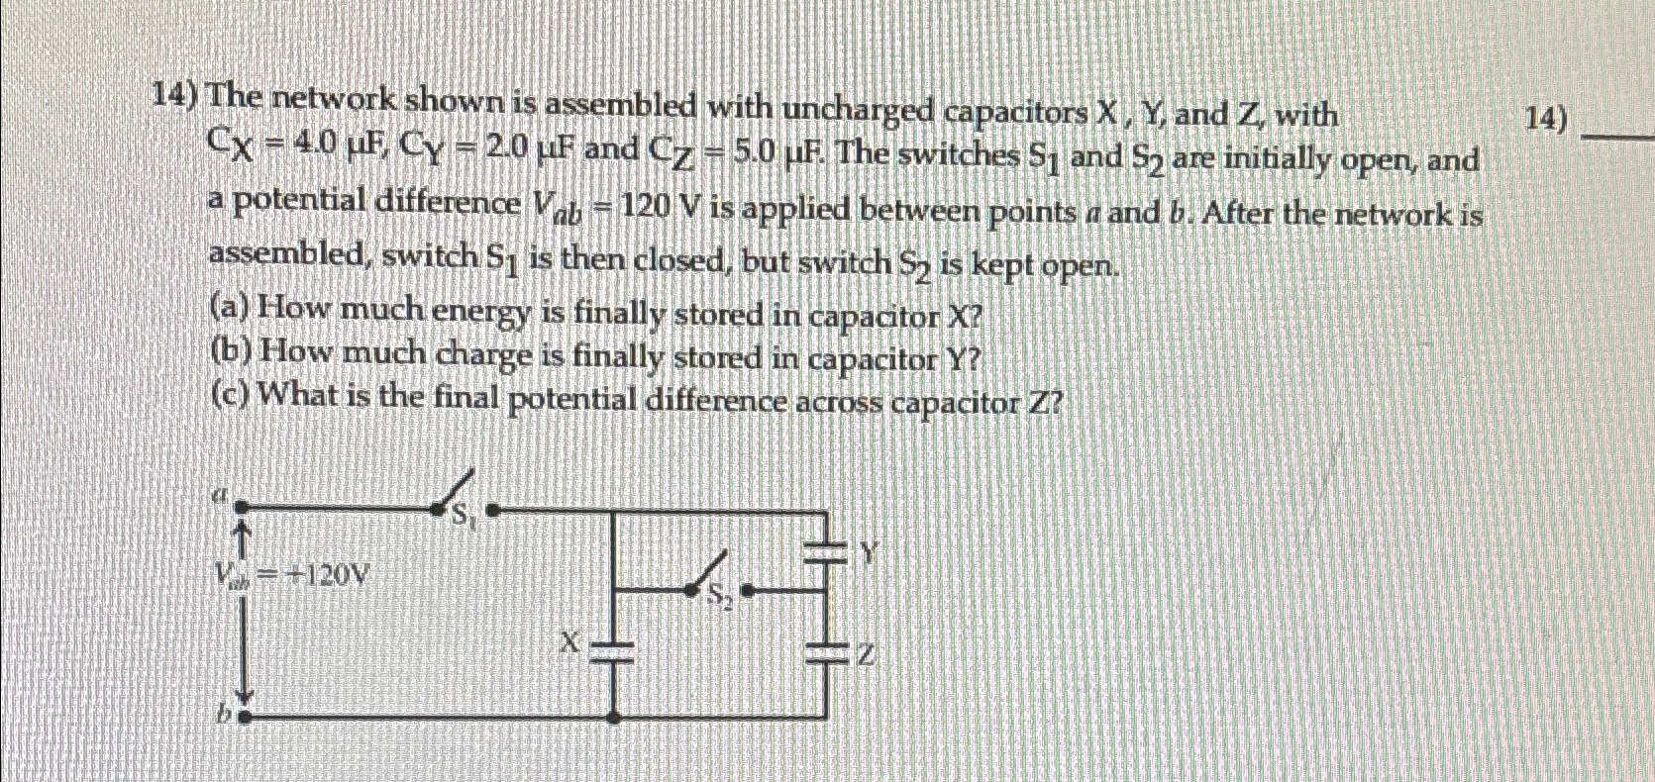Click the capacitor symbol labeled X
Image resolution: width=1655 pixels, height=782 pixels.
pyautogui.click(x=614, y=650)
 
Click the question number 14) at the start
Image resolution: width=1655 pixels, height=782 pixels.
pyautogui.click(x=174, y=95)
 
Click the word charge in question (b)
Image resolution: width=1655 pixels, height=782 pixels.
pyautogui.click(x=483, y=354)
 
